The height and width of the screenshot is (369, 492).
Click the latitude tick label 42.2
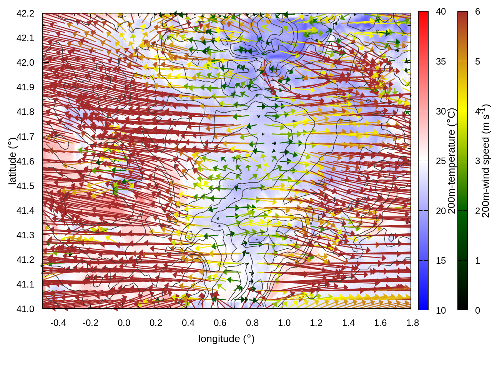coord(25,13)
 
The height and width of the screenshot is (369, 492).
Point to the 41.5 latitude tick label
coord(25,186)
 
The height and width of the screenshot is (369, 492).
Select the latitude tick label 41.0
coord(25,309)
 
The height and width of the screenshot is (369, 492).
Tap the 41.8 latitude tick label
coord(25,112)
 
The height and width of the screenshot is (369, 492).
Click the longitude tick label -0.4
coord(58,323)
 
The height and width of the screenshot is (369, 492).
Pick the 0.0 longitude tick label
coord(124,323)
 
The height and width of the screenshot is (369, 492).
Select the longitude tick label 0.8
coord(252,323)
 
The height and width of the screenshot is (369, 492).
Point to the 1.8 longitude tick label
coord(413,323)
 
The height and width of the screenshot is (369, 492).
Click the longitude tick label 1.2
coord(316,323)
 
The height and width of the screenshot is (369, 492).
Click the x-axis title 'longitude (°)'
coord(226,339)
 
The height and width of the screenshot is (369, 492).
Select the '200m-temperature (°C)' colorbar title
coord(452,161)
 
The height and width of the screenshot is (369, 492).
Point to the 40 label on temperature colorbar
coord(441,12)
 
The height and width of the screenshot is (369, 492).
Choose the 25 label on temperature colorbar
coord(441,161)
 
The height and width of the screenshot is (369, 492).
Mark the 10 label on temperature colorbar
coord(441,310)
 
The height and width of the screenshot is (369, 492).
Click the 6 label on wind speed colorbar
coord(477,12)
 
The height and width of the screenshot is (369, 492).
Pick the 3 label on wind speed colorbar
coord(477,161)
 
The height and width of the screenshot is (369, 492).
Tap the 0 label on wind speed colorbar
coord(477,310)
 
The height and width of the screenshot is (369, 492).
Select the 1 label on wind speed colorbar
coord(477,261)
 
